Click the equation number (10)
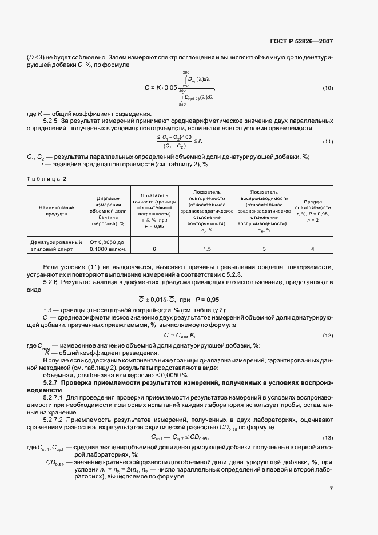328,87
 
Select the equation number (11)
328,141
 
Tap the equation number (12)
328,335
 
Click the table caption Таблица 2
47,179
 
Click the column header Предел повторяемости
312,210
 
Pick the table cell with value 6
154,249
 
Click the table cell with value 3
264,249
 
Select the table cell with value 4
312,249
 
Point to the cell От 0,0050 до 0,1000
107,245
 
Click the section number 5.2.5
52,121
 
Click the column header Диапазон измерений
107,210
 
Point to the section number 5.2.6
52,282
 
